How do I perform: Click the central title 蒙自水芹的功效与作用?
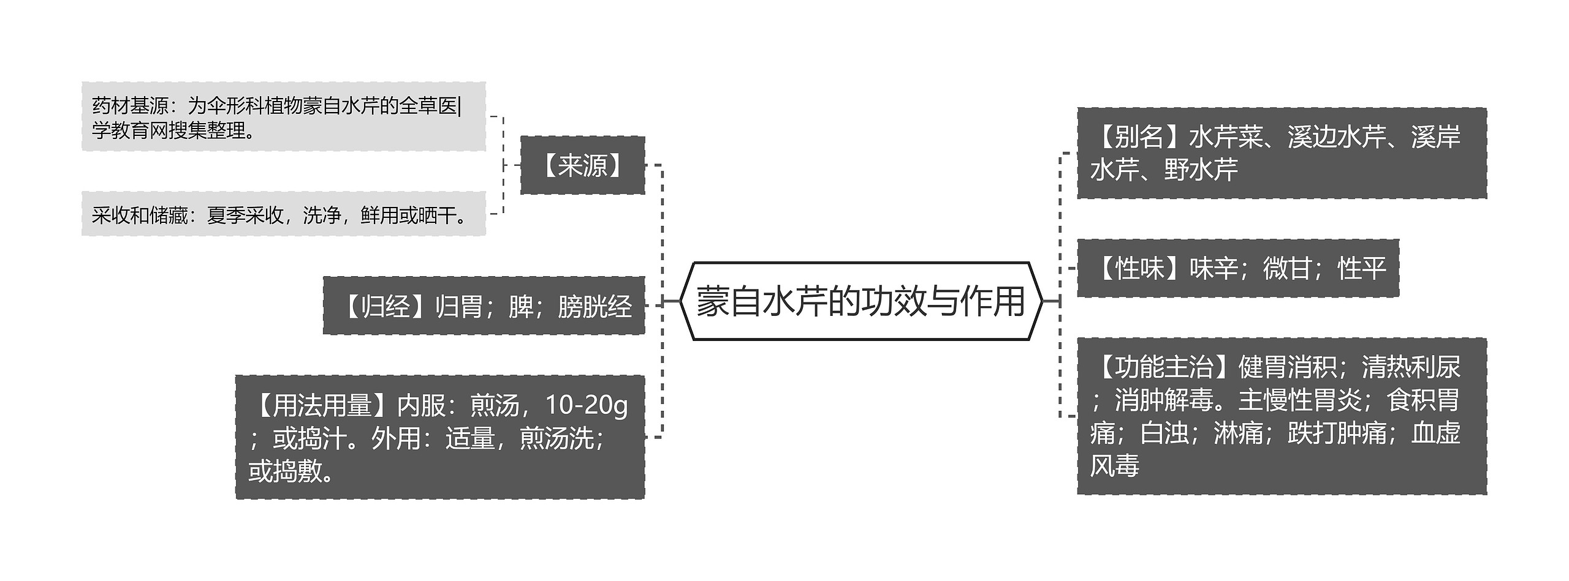pyautogui.click(x=860, y=301)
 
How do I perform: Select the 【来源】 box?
pyautogui.click(x=582, y=165)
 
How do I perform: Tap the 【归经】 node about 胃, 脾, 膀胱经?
pyautogui.click(x=484, y=305)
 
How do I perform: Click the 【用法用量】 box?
pyautogui.click(x=439, y=437)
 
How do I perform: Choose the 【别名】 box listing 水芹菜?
pyautogui.click(x=1282, y=153)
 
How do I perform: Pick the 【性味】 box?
pyautogui.click(x=1237, y=268)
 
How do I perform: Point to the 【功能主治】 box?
pyautogui.click(x=1282, y=416)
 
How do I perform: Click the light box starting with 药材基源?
pyautogui.click(x=283, y=117)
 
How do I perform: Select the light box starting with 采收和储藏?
pyautogui.click(x=283, y=214)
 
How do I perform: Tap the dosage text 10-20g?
pyautogui.click(x=586, y=405)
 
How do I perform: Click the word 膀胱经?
pyautogui.click(x=595, y=306)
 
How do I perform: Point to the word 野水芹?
pyautogui.click(x=1201, y=170)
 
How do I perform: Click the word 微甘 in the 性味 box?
pyautogui.click(x=1287, y=268)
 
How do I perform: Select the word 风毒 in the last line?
pyautogui.click(x=1115, y=466)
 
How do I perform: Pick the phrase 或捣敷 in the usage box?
pyautogui.click(x=285, y=471)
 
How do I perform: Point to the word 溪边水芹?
pyautogui.click(x=1337, y=137)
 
